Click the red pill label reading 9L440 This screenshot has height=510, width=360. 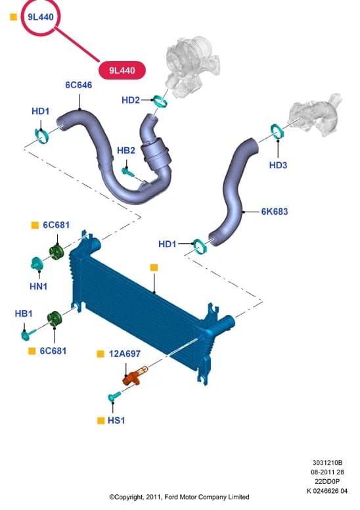point(122,70)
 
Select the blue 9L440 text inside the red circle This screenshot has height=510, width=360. point(41,17)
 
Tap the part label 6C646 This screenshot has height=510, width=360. point(79,85)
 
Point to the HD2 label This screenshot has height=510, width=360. point(131,100)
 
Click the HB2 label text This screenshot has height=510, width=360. point(126,151)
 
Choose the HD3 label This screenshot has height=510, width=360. point(278,165)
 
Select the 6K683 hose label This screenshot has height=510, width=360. point(275,212)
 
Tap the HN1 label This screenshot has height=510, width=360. point(38,287)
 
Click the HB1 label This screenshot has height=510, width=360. point(24,313)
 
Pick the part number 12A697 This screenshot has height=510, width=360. point(125,354)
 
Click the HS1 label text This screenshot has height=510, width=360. point(116,420)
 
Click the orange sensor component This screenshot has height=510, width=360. point(134,377)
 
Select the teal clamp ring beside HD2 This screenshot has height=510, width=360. point(161,101)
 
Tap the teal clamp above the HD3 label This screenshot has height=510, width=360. point(277,131)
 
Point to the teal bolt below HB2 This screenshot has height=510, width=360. point(128,172)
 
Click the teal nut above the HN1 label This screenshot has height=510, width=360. point(37,264)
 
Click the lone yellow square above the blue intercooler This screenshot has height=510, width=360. point(154,267)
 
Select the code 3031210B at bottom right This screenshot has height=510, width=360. point(327,463)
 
